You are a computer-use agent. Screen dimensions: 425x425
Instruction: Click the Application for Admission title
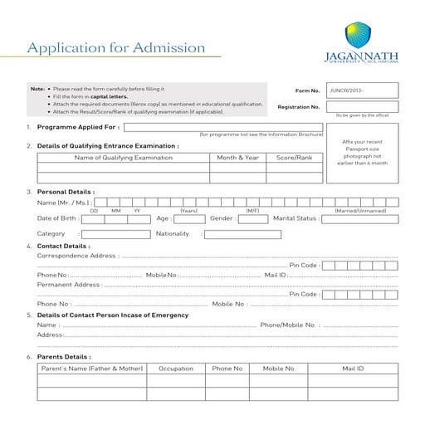pos(116,47)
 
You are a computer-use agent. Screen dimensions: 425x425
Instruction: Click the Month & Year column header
pos(237,157)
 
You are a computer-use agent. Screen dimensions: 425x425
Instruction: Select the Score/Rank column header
pos(294,157)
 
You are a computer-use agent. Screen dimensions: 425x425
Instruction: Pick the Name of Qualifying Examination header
pos(123,157)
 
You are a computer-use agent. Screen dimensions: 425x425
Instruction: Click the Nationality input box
pos(242,234)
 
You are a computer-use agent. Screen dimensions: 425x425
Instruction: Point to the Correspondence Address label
pos(77,256)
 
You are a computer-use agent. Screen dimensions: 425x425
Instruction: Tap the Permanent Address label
pos(69,284)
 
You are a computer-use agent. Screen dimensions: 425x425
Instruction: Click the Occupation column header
pos(176,368)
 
